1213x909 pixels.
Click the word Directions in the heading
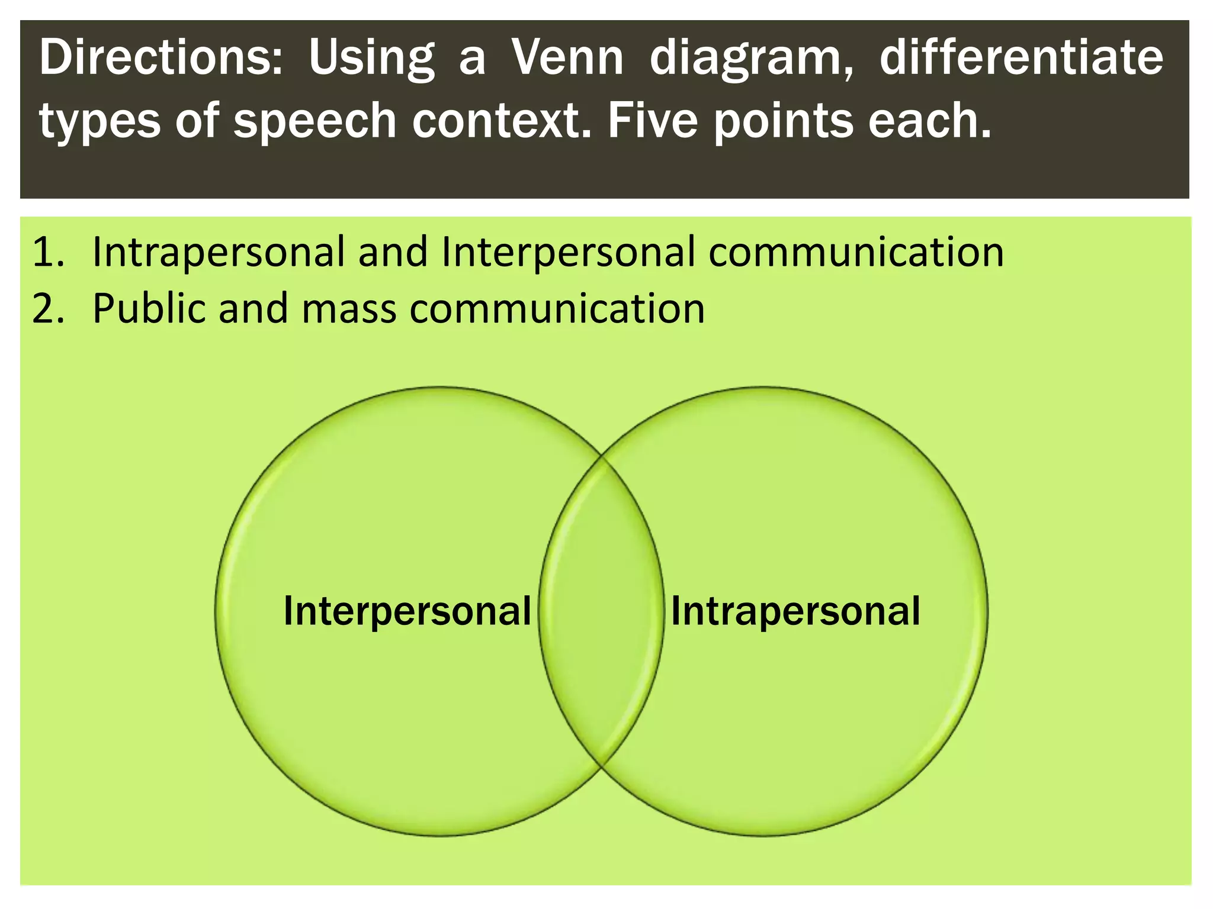click(x=160, y=58)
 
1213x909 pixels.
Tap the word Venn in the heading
click(x=567, y=58)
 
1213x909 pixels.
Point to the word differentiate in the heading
click(x=1021, y=58)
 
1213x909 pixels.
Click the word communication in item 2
click(x=557, y=309)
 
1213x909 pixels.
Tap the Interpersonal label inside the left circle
click(x=407, y=611)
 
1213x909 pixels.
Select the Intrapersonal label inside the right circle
click(x=795, y=611)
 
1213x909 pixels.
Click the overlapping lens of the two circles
click(x=601, y=651)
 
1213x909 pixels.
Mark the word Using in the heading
click(x=371, y=59)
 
